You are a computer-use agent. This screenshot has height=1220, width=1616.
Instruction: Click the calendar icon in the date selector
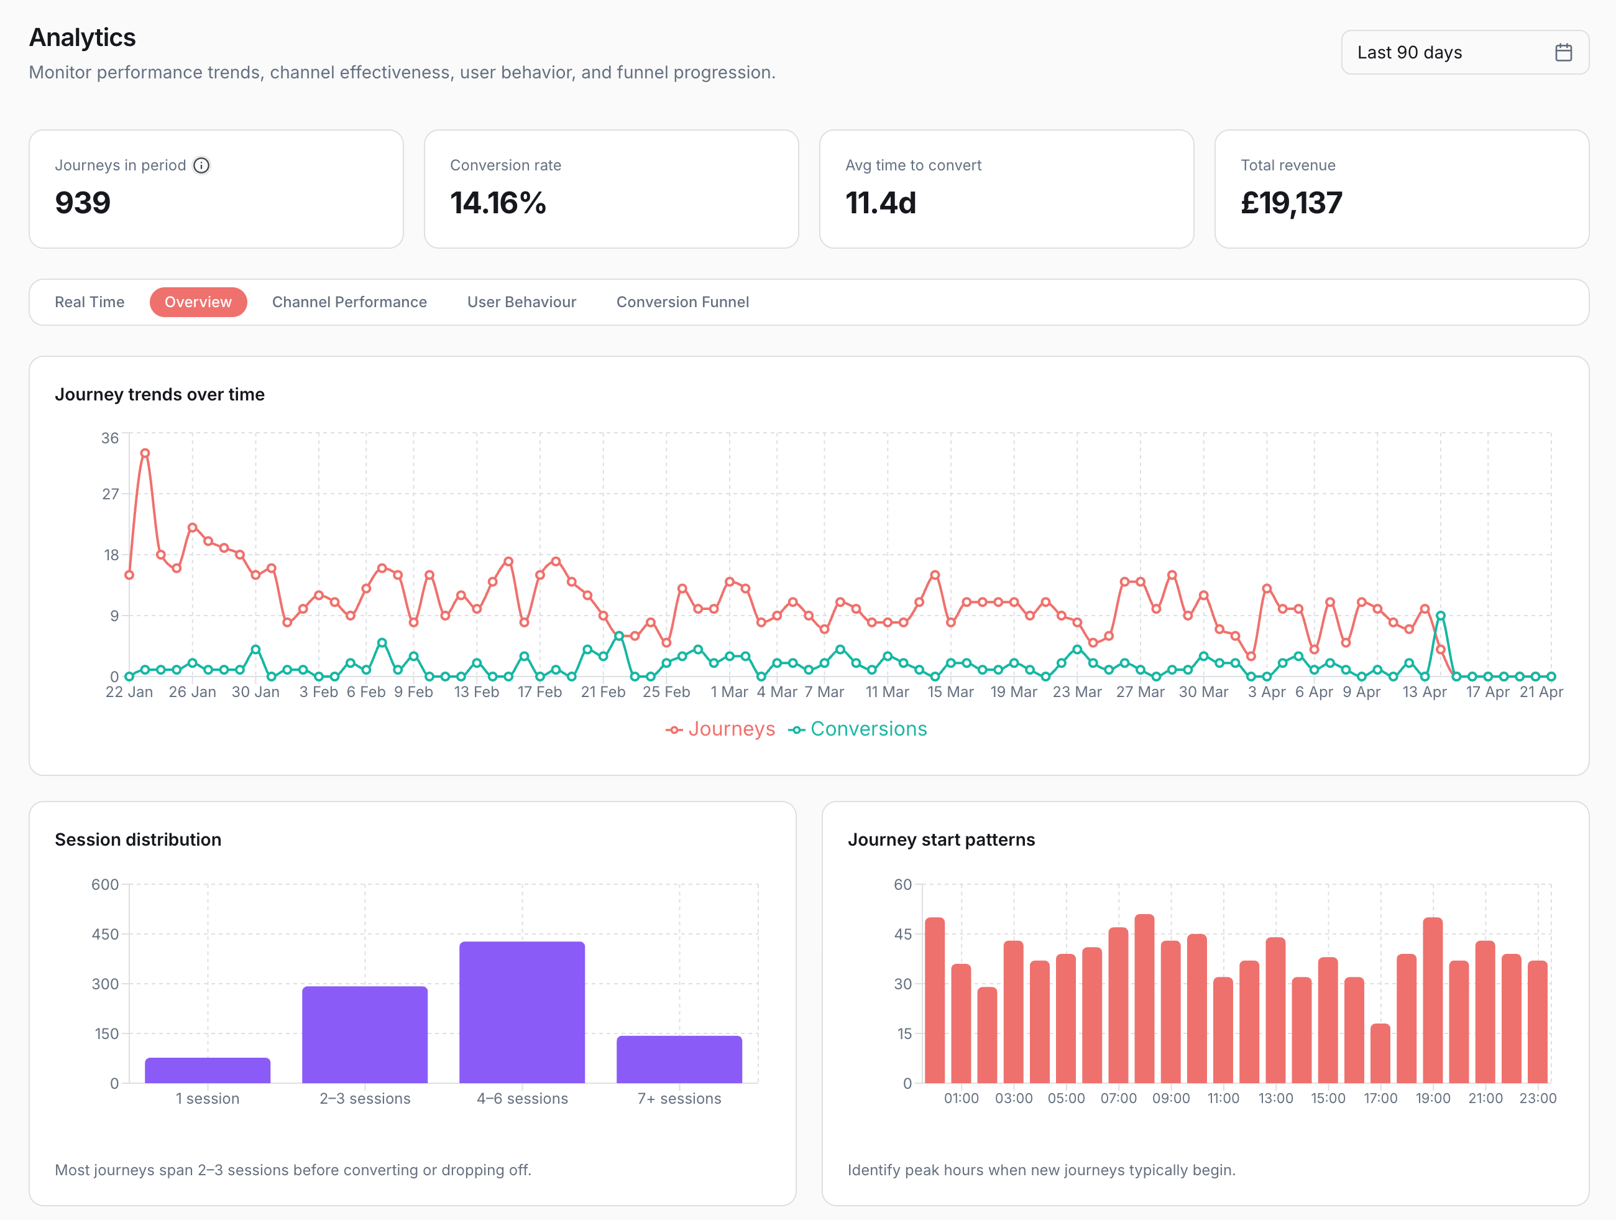coord(1563,53)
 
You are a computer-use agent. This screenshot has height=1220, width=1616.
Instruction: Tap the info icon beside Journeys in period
coord(201,165)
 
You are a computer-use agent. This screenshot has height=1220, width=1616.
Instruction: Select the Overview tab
coord(198,302)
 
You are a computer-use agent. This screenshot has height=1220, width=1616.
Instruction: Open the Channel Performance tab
coord(349,302)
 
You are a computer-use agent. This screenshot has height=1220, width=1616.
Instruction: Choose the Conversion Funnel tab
coord(682,302)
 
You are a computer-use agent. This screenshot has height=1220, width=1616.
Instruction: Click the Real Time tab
coord(89,302)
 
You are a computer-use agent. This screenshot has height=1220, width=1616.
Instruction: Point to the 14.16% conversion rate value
coord(497,203)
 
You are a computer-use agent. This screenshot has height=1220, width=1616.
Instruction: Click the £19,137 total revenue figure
coord(1291,203)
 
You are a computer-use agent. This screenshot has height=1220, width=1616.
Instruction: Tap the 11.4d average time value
coord(880,203)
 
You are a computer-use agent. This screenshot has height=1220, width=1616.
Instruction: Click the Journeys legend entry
coord(720,729)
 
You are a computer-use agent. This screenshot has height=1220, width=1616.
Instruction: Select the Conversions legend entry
coord(858,729)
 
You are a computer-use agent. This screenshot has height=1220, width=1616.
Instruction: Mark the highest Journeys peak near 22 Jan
coord(145,453)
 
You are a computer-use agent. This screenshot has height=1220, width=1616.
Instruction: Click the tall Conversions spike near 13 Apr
coord(1440,616)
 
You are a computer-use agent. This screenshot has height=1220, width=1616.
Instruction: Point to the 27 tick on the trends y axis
coord(110,494)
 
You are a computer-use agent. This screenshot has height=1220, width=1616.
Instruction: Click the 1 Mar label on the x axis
coord(728,691)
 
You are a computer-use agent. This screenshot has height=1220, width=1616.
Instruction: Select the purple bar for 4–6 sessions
coord(521,1012)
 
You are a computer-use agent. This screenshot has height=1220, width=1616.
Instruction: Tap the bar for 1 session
coord(208,1070)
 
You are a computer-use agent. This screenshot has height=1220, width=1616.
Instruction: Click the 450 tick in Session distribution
coord(104,934)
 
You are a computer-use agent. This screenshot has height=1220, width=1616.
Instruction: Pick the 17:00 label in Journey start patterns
coord(1380,1098)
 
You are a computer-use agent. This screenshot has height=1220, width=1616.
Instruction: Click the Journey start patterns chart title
coord(941,839)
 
